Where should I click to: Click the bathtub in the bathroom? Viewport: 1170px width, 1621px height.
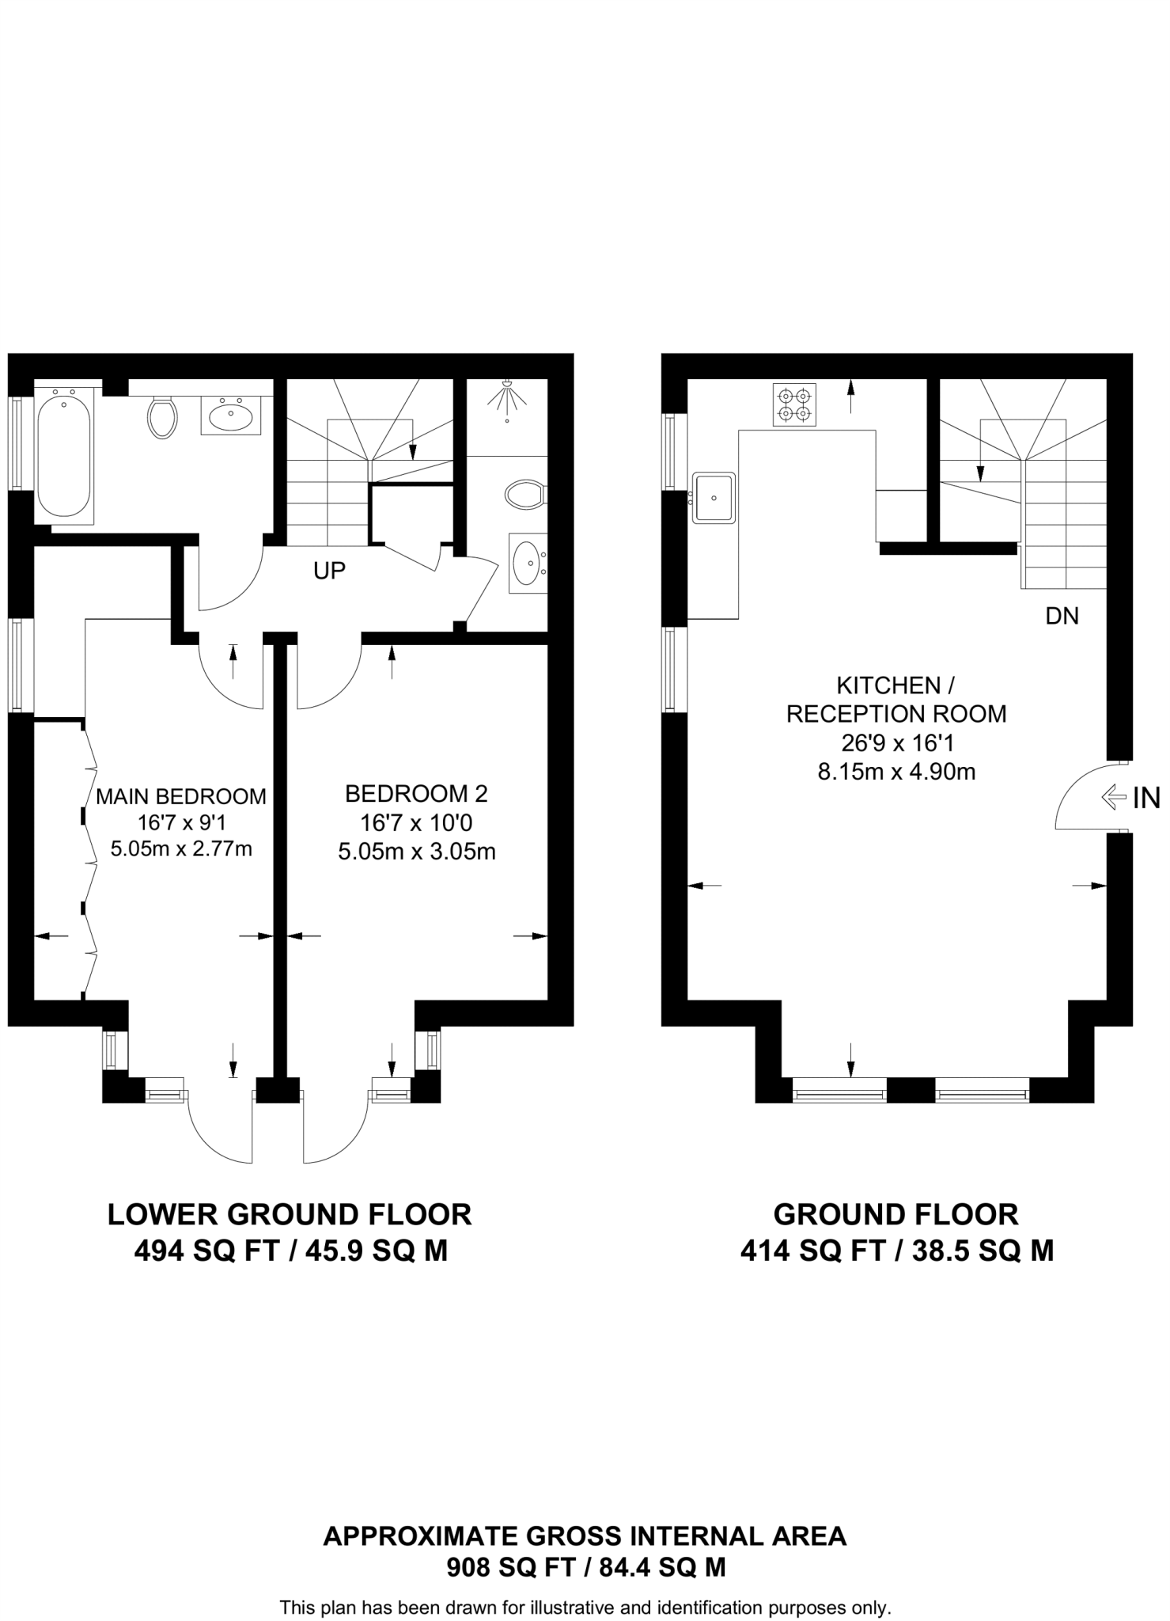pos(63,455)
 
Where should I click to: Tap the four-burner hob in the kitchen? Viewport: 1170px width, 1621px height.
pos(794,404)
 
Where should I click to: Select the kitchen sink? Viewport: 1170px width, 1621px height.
pos(714,498)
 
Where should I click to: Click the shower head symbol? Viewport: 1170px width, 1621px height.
pos(507,397)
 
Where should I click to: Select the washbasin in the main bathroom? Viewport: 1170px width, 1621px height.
pos(231,415)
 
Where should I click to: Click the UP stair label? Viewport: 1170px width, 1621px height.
pos(329,571)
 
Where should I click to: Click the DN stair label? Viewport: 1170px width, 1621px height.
pos(1062,616)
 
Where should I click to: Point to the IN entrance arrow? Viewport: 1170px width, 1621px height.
pos(1113,798)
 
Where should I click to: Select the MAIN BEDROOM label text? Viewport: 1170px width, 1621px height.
pos(181,796)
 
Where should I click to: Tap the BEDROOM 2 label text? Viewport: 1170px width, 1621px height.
pos(416,793)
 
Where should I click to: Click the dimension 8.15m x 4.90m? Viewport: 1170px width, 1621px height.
pos(896,772)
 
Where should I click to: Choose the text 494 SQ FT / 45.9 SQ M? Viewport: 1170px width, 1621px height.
pos(291,1251)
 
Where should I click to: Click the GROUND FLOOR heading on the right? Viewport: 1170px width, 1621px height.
pos(896,1214)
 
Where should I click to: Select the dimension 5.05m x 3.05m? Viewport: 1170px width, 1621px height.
pos(417,852)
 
